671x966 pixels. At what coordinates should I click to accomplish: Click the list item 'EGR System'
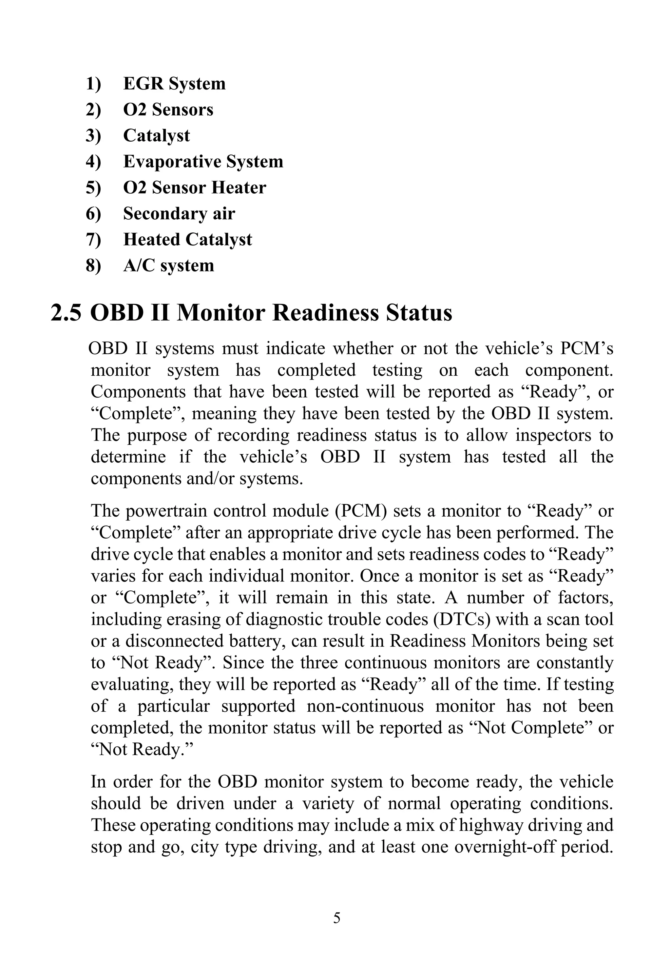174,83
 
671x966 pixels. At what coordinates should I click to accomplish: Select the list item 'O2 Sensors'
168,109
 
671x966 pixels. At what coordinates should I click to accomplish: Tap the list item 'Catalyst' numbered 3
156,135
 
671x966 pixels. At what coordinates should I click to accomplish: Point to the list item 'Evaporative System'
203,162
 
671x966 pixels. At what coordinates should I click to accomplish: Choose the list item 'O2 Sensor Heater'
194,187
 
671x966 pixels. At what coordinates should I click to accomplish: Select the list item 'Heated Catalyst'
187,240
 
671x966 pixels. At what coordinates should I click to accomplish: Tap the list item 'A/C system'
169,266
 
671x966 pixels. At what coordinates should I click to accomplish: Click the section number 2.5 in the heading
66,313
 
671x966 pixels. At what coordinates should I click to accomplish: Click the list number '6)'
93,214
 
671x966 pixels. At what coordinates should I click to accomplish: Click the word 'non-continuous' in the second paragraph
365,706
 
